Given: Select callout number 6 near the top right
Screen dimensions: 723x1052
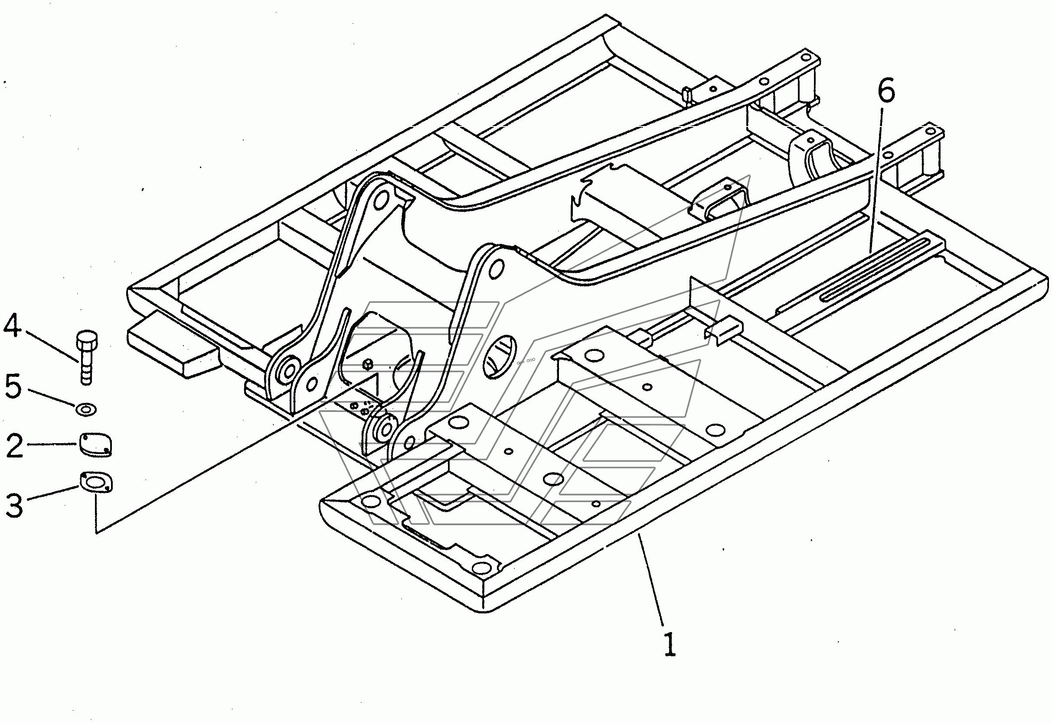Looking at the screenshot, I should click(885, 92).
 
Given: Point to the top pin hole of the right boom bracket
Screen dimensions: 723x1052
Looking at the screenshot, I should click(494, 269).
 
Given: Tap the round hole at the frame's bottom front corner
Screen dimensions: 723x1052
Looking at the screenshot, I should click(484, 567).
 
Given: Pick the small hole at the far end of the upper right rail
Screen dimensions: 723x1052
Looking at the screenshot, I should click(805, 58).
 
